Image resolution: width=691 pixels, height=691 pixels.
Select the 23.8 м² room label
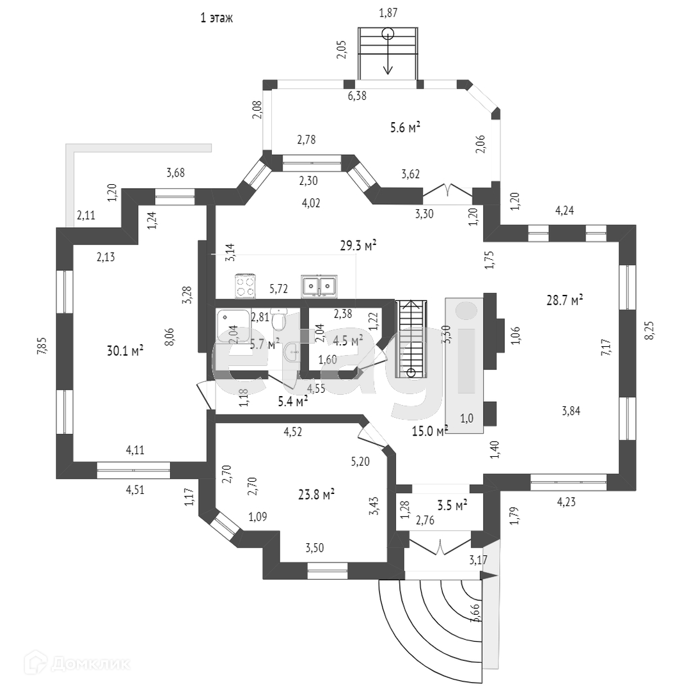coord(317,494)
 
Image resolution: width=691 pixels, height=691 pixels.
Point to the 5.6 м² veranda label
coord(405,128)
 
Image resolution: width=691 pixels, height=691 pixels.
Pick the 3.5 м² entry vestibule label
coord(452,504)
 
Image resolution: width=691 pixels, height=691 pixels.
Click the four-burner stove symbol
coord(245,285)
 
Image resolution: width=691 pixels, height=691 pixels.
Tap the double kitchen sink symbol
coord(319,285)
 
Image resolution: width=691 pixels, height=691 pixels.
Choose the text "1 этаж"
coord(216,19)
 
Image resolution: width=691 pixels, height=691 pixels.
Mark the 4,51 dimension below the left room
coord(134,491)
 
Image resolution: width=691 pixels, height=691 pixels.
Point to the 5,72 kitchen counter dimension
coord(278,289)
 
